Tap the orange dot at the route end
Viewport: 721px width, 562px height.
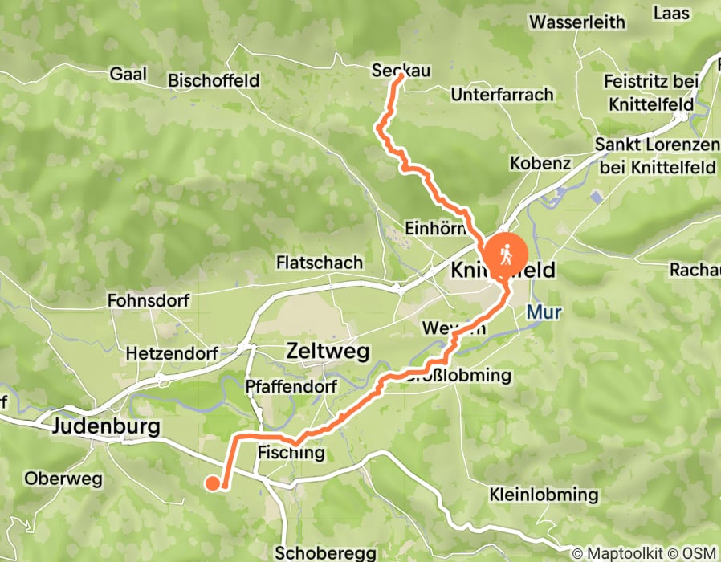212,483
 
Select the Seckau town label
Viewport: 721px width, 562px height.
401,71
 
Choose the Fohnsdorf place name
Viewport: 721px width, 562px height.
147,301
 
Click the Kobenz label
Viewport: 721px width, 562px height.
540,163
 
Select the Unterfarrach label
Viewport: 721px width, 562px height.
503,95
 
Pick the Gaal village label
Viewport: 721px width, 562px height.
128,74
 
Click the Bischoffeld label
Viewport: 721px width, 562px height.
214,80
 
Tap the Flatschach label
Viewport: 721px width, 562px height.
319,263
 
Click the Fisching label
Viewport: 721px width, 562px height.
291,454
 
